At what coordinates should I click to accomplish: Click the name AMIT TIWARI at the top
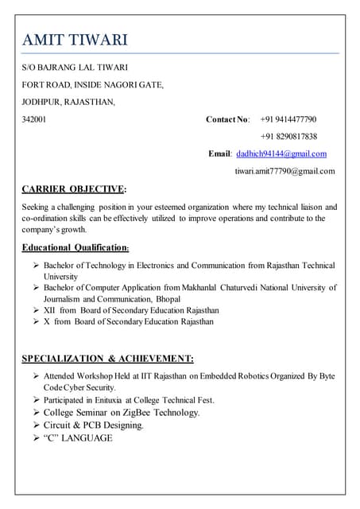click(x=75, y=40)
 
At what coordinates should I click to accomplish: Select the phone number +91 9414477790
click(x=288, y=119)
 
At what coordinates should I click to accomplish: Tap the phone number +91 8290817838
click(x=288, y=136)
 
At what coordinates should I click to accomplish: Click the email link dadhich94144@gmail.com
click(x=281, y=153)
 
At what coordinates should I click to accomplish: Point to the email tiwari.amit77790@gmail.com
click(x=284, y=171)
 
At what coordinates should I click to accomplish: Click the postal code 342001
click(x=33, y=119)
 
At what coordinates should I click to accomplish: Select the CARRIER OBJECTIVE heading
click(x=74, y=189)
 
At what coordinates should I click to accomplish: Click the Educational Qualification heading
click(x=75, y=247)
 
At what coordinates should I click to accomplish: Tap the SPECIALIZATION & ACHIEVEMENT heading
click(x=107, y=359)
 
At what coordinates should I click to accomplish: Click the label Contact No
click(x=227, y=119)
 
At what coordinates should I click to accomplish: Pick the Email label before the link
click(x=219, y=153)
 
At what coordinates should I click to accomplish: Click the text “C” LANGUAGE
click(x=78, y=438)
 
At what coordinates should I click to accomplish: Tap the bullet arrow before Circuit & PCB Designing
click(x=36, y=425)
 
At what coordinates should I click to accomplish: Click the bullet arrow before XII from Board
click(x=36, y=310)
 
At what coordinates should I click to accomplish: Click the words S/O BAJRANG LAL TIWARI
click(x=75, y=68)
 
